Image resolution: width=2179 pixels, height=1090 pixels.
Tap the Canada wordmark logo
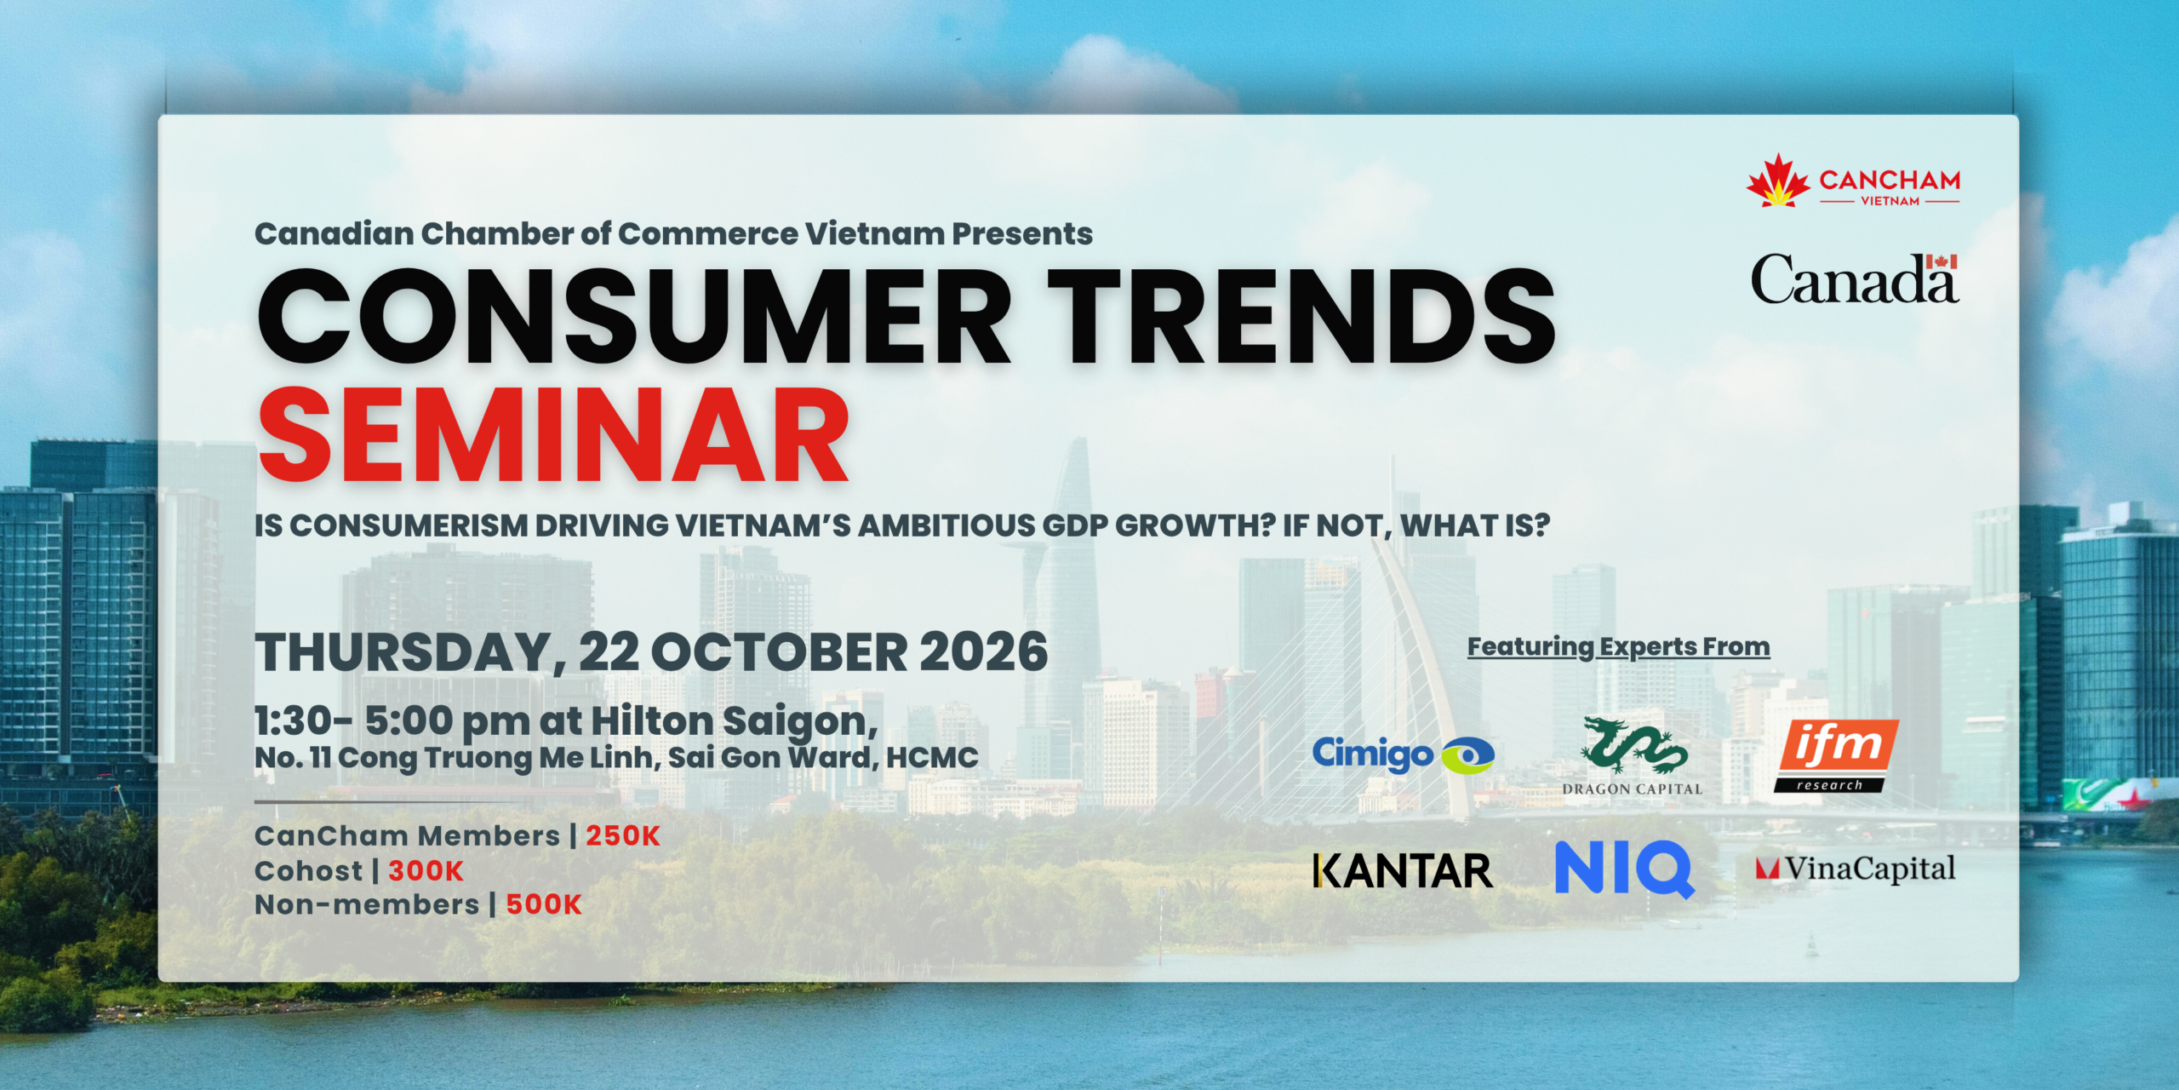click(x=1855, y=278)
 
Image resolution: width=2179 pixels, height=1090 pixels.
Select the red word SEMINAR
click(x=554, y=435)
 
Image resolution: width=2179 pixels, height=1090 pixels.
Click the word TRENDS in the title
click(x=1301, y=317)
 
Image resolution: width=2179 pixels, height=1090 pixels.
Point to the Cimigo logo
click(x=1403, y=754)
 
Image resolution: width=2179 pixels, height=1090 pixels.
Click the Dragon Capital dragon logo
click(x=1633, y=756)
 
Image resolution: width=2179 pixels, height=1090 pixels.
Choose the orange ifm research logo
click(x=1837, y=755)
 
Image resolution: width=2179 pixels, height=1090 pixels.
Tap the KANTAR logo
click(x=1403, y=871)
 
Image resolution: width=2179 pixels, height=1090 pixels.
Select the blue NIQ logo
click(x=1625, y=869)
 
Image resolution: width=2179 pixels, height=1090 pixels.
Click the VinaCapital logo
click(x=1856, y=869)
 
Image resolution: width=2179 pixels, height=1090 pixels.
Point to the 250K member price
click(x=623, y=836)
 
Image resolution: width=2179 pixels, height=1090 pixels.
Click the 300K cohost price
click(x=426, y=871)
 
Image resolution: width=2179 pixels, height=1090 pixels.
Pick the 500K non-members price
click(x=544, y=904)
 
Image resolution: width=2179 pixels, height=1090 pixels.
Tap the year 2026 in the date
click(x=984, y=652)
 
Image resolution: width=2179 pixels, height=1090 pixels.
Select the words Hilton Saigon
click(x=735, y=722)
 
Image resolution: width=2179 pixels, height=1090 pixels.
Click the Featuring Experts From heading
click(x=1619, y=647)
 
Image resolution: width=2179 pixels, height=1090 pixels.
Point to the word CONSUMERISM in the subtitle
click(x=410, y=526)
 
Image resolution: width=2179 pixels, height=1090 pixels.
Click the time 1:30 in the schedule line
click(x=293, y=721)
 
